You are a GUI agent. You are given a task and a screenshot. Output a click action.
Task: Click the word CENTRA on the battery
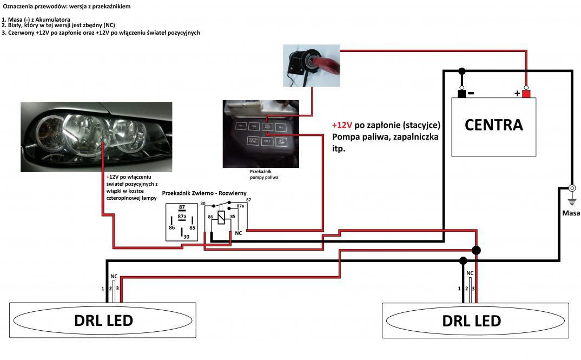coord(493,125)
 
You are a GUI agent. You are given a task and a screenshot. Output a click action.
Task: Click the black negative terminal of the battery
coord(461,94)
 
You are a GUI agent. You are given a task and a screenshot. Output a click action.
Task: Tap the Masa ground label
coord(571,213)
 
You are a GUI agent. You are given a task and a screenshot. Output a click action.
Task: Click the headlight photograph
coord(96,137)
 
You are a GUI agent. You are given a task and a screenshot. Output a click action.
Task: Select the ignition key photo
coord(311,64)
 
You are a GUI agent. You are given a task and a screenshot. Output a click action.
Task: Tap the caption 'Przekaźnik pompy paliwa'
coord(261,174)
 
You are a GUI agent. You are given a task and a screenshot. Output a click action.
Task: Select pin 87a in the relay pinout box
coord(182,217)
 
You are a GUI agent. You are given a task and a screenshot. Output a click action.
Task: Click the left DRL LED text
coord(103,320)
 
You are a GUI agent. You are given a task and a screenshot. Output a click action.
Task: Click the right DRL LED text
coord(471,320)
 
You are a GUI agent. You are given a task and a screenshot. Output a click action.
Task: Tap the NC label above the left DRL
coord(114,276)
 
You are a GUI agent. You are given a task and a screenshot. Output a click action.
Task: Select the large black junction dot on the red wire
coord(476,251)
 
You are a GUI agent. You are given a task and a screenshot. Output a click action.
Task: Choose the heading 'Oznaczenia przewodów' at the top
coord(32,6)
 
